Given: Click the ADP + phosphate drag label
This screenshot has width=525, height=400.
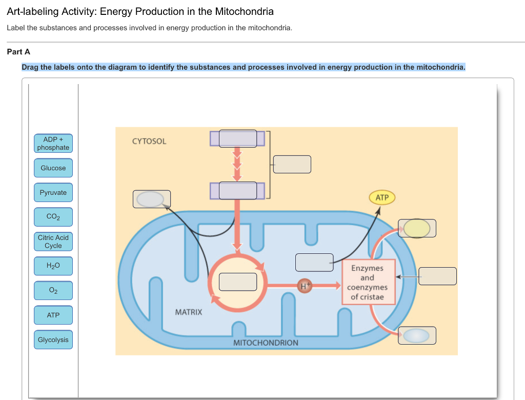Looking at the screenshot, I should (x=53, y=144).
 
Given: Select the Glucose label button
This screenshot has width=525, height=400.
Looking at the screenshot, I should (x=53, y=168).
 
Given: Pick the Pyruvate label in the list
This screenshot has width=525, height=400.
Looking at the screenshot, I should (x=53, y=193).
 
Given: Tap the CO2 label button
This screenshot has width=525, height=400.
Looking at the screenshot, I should (x=53, y=217).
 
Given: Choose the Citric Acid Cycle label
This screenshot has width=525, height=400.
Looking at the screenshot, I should (x=53, y=242).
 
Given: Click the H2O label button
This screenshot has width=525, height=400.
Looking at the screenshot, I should (x=53, y=266).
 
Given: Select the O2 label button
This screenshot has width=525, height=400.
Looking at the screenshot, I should (x=53, y=290).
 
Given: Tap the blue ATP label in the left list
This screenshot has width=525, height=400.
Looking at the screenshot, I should (x=53, y=315).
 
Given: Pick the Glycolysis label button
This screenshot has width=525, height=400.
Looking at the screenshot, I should (x=53, y=339).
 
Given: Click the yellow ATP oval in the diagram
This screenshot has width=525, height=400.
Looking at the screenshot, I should (x=382, y=197).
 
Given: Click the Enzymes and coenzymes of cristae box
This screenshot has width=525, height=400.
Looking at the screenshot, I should (x=367, y=283).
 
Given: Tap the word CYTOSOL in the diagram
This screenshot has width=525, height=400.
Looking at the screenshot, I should (x=149, y=141).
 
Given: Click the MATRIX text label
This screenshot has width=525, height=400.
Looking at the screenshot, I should (x=189, y=312).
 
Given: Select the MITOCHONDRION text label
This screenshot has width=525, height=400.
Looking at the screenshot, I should (x=266, y=343).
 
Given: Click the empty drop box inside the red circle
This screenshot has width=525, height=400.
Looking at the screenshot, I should (x=238, y=282).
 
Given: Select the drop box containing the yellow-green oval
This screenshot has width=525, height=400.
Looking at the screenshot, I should (x=417, y=228).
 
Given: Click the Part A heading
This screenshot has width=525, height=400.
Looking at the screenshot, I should (x=18, y=52).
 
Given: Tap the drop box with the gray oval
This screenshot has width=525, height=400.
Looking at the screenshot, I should (x=152, y=199).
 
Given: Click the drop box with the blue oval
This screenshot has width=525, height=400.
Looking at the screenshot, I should (x=417, y=335).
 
